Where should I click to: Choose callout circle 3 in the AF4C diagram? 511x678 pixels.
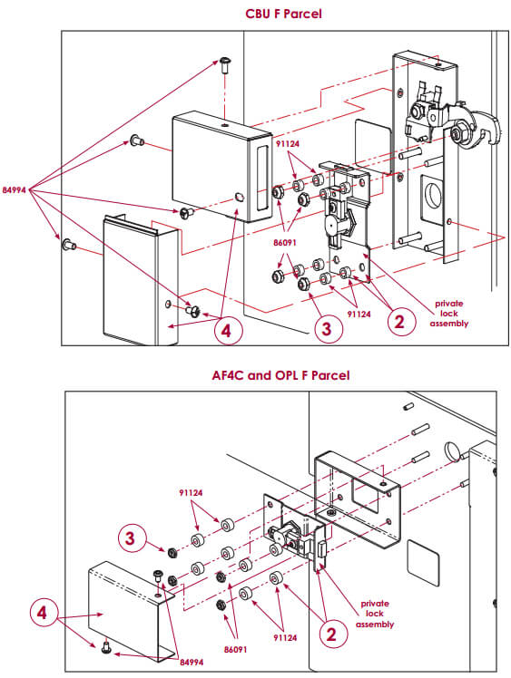(132, 538)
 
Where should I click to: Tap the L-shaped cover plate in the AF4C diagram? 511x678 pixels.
(127, 603)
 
